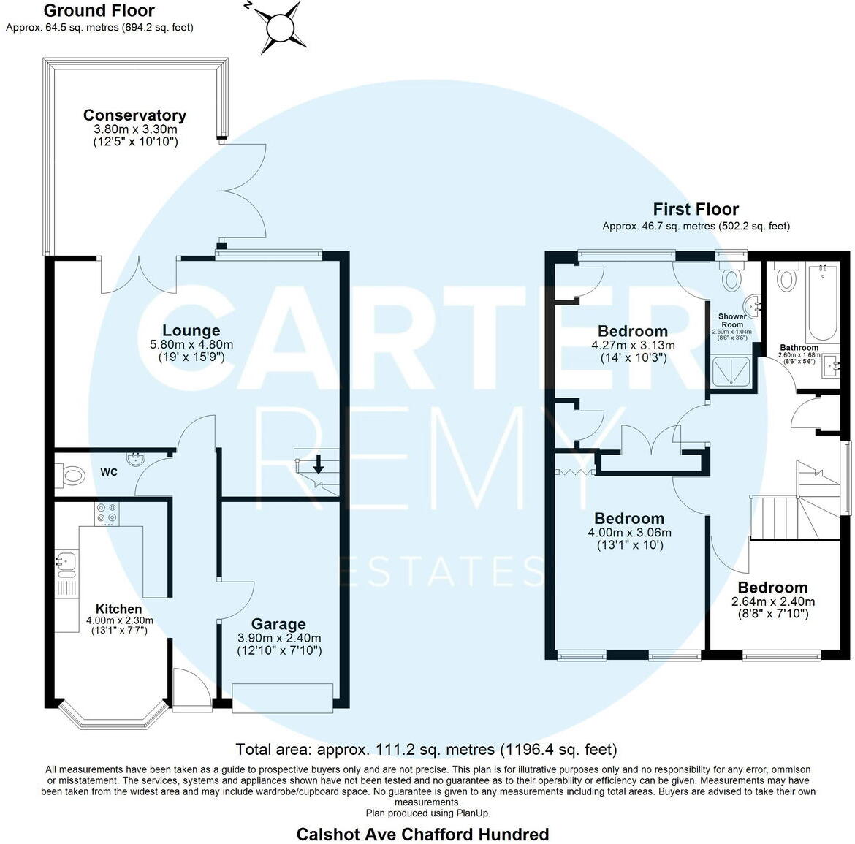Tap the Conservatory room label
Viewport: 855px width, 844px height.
click(x=134, y=115)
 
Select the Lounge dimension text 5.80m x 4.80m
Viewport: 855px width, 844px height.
click(x=191, y=344)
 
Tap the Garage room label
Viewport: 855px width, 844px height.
click(x=278, y=624)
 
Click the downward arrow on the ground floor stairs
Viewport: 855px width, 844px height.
click(x=319, y=464)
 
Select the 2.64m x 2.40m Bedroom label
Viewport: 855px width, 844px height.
click(x=772, y=588)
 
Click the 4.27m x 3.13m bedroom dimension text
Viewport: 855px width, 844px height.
click(x=633, y=345)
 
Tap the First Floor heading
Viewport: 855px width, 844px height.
click(x=696, y=210)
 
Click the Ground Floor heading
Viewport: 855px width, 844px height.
click(x=99, y=10)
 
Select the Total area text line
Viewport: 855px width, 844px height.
click(x=427, y=749)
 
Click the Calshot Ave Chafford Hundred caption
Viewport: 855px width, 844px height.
click(x=422, y=834)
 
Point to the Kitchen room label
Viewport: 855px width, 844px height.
click(x=119, y=609)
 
